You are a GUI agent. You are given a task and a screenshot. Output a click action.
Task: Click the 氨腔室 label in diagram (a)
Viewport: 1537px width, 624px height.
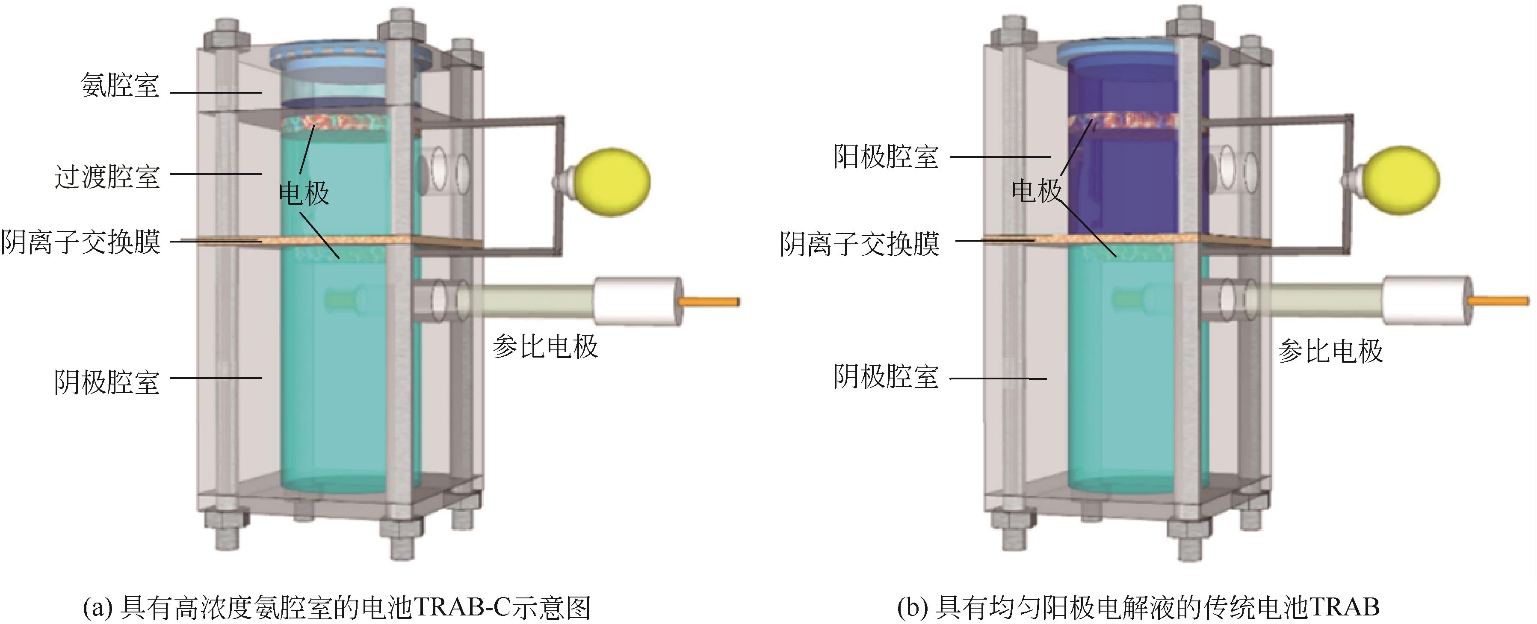click(x=120, y=85)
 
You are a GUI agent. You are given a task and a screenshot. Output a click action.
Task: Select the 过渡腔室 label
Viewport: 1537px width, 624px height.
click(x=107, y=177)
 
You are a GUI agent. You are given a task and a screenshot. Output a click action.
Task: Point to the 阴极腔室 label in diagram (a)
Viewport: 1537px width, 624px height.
click(x=107, y=382)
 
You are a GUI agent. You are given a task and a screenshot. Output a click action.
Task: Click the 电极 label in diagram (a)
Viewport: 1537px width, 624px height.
click(x=304, y=193)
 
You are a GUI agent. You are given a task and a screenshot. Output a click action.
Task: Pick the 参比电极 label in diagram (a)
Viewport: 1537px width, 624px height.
click(x=545, y=346)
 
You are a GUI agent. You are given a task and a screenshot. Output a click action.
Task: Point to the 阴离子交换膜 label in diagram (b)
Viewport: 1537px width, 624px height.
click(x=860, y=244)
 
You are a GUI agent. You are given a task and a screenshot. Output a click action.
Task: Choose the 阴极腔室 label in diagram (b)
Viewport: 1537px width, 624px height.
click(x=886, y=377)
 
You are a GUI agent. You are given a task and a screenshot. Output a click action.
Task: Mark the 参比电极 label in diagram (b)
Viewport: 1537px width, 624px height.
click(x=1330, y=351)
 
